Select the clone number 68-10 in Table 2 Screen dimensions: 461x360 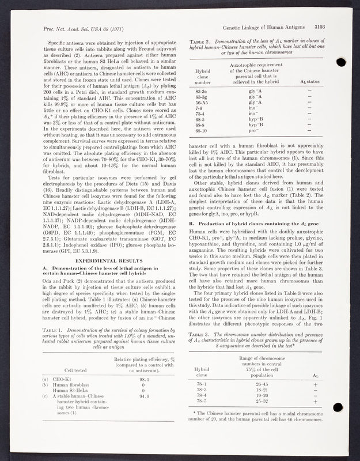[203, 130]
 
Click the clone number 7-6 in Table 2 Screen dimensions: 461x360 [200, 108]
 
